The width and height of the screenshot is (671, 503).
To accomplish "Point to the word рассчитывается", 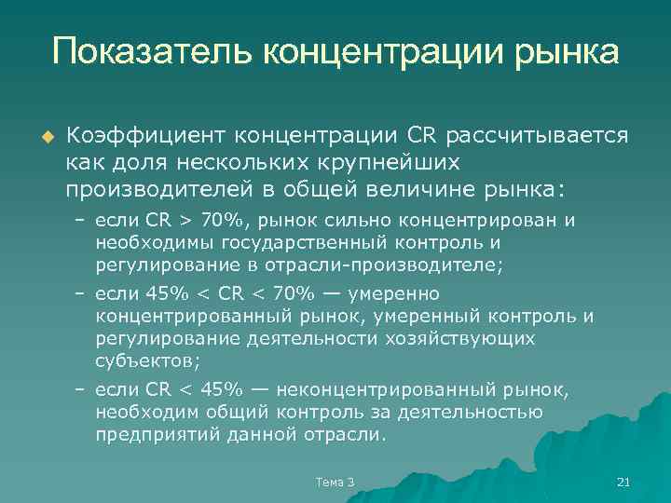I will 538,137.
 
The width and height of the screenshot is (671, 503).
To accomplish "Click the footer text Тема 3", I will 335,482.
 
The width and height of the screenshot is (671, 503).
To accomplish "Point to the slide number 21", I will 624,482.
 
